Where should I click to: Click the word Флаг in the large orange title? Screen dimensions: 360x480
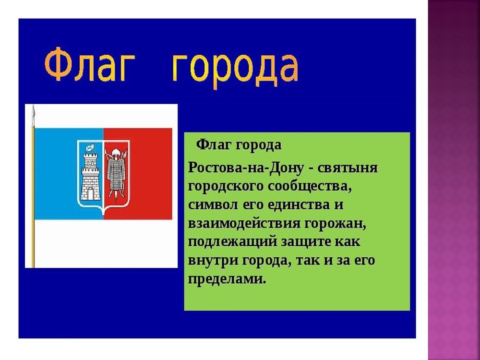coord(87,66)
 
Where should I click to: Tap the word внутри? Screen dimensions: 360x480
coord(208,261)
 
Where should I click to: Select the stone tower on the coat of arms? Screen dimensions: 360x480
coord(90,178)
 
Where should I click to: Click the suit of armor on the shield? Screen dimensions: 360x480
coord(116,175)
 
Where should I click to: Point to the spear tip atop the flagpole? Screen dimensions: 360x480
coord(33,113)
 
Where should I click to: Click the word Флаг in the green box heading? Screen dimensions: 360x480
coord(212,144)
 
